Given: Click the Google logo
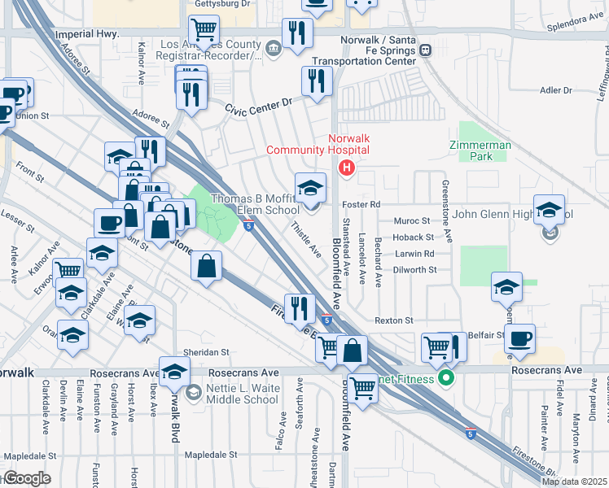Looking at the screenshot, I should (x=27, y=478).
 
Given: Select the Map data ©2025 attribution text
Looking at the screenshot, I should (x=573, y=481).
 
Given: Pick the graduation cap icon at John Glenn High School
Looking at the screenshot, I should (x=550, y=209).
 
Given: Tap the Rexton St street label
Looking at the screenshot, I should (x=394, y=320).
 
